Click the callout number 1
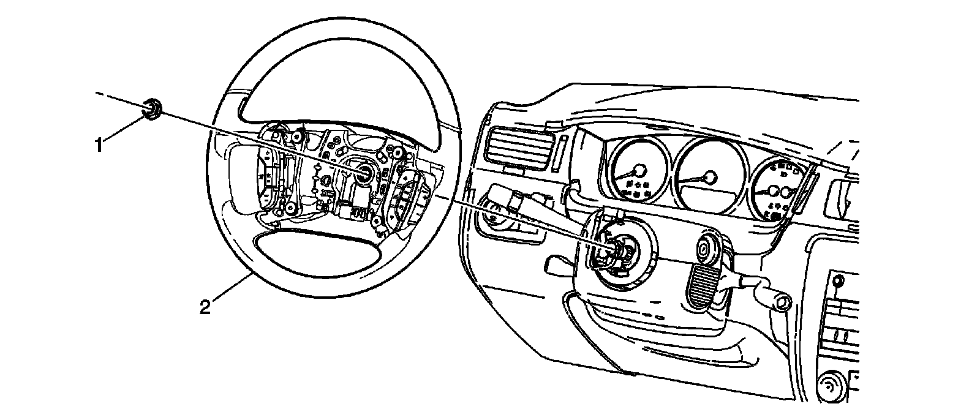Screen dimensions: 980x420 [x=97, y=145]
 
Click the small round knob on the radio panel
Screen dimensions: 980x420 [x=839, y=282]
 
